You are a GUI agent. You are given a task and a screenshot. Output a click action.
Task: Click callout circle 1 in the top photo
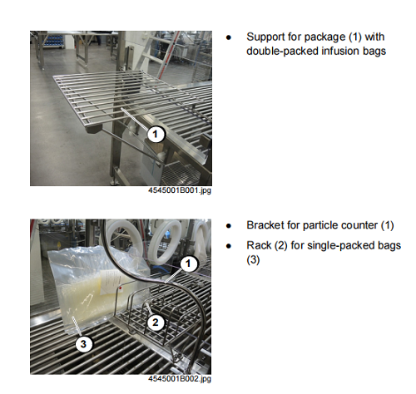(x=156, y=134)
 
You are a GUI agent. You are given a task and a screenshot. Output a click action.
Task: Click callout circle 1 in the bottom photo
(x=189, y=263)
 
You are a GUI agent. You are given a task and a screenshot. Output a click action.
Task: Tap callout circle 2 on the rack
(x=156, y=322)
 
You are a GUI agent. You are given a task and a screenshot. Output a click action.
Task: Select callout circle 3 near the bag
(x=83, y=344)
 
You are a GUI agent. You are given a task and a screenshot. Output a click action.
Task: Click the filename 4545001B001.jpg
(x=180, y=190)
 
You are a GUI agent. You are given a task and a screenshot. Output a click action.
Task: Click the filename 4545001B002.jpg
(x=180, y=378)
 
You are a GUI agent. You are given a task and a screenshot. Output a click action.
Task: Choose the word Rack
(x=259, y=245)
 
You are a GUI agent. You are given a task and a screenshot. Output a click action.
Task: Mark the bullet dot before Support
(x=229, y=37)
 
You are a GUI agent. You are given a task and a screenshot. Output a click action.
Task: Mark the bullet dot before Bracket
(x=229, y=226)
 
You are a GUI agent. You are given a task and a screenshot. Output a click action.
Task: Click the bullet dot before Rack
(x=229, y=246)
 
